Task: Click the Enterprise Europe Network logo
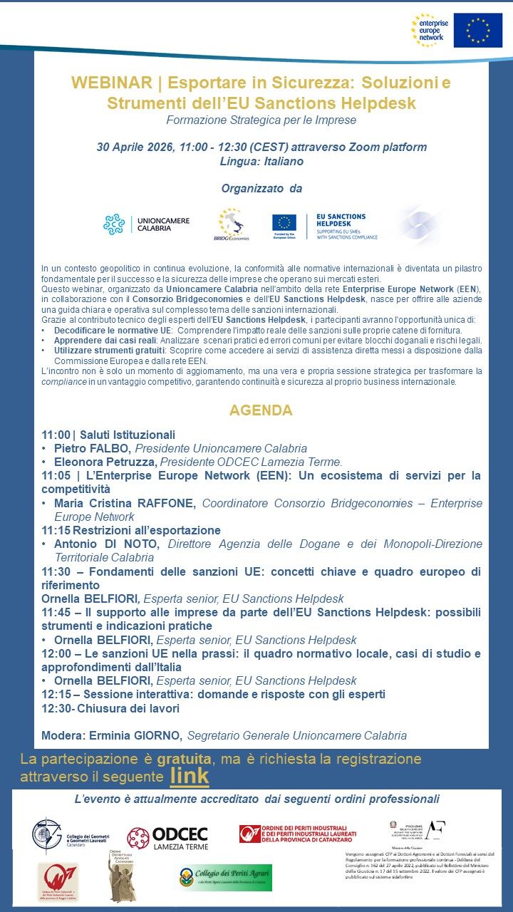point(430,30)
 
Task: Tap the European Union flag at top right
point(477,31)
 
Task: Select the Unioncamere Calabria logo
point(147,225)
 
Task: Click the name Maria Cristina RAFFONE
point(125,503)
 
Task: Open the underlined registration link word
point(190,775)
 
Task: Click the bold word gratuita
point(184,759)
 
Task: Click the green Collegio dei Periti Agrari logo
point(222,878)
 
